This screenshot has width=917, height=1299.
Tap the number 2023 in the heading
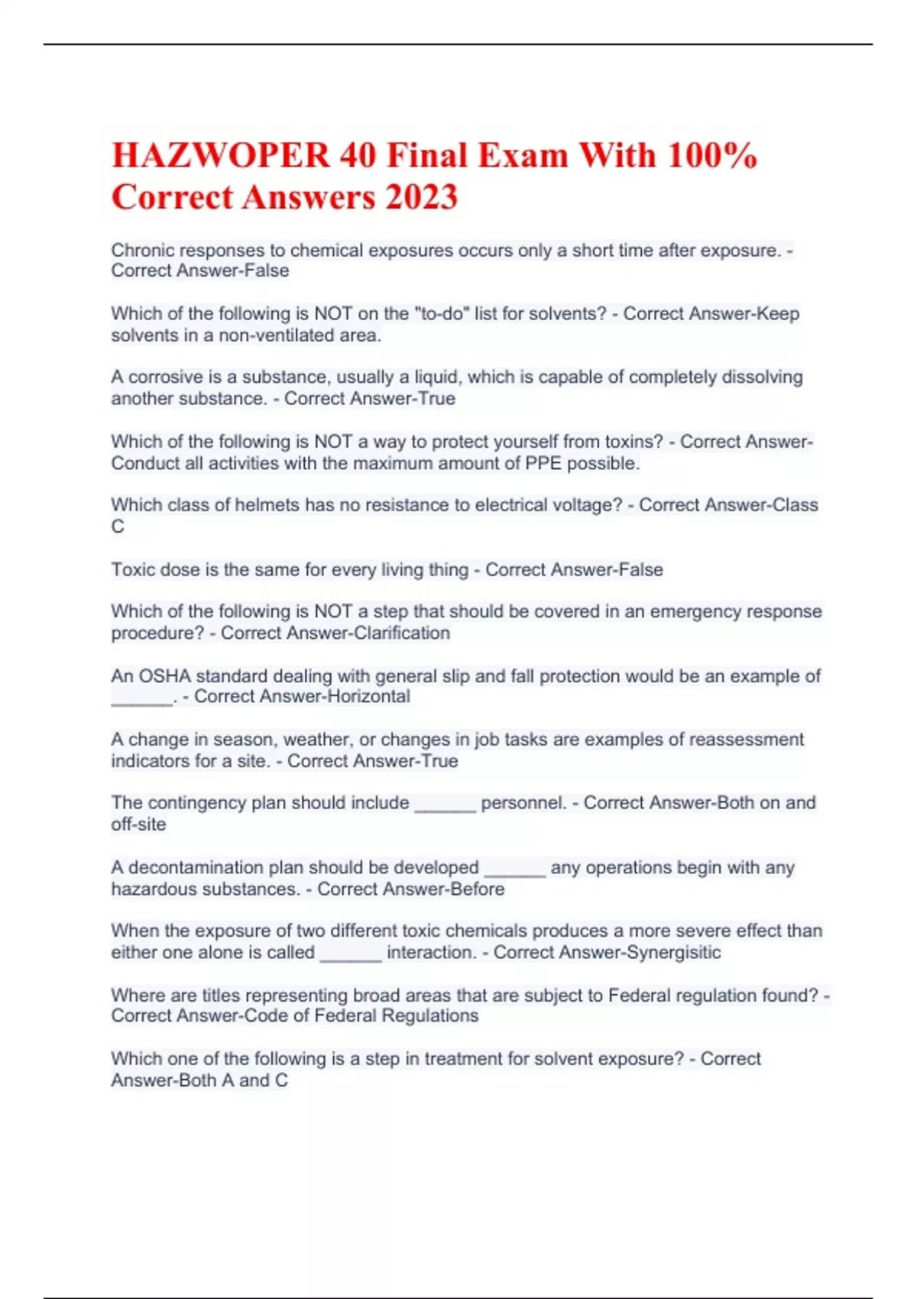click(x=421, y=197)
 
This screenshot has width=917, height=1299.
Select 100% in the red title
click(x=712, y=156)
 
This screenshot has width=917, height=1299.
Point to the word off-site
click(x=138, y=824)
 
